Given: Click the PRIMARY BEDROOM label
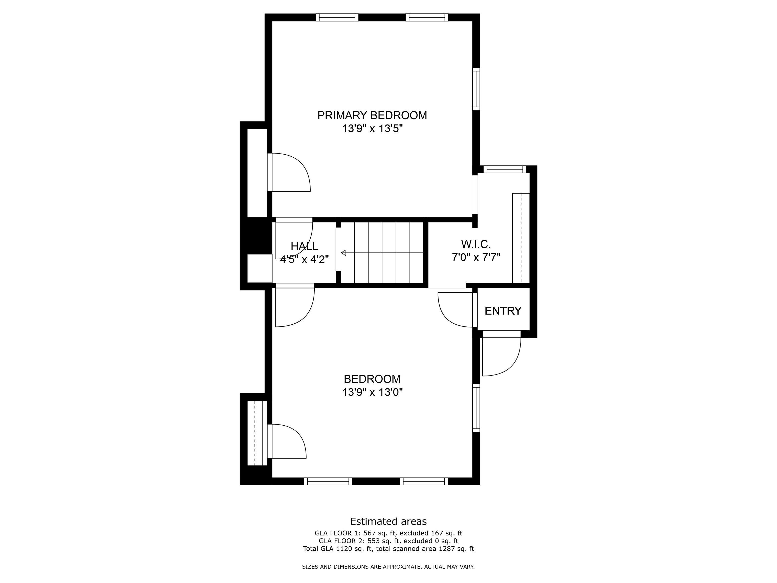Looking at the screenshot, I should point(372,115).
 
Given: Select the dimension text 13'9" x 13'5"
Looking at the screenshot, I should point(372,129).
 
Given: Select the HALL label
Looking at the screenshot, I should point(304,246).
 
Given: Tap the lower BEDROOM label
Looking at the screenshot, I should point(372,379).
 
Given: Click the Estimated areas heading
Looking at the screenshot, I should point(388,521).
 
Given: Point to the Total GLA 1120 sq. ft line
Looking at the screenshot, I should point(388,549).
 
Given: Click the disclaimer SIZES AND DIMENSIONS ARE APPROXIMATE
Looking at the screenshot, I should point(388,567).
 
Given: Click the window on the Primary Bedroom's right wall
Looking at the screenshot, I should point(476,89).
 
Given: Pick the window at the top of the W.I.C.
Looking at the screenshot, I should point(505,169).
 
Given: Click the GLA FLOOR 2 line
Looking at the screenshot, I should point(388,541).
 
